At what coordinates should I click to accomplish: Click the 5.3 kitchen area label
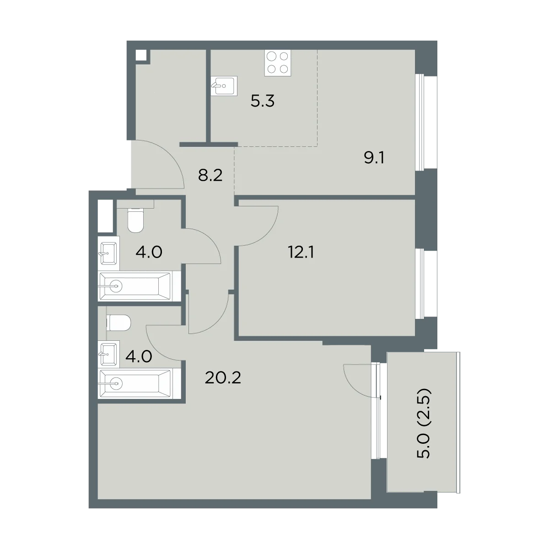click(263, 101)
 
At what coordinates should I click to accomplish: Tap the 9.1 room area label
click(374, 157)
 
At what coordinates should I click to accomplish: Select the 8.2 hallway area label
click(210, 176)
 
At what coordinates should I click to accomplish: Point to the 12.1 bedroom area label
click(301, 252)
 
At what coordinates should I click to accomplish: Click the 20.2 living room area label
click(223, 378)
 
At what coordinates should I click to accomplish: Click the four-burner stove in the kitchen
click(278, 63)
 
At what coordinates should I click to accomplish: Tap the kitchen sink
click(224, 85)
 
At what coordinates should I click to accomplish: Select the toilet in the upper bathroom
click(135, 220)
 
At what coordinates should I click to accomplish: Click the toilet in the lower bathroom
click(118, 323)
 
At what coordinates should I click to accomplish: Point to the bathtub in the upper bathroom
click(135, 286)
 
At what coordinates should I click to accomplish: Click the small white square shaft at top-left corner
click(141, 55)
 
